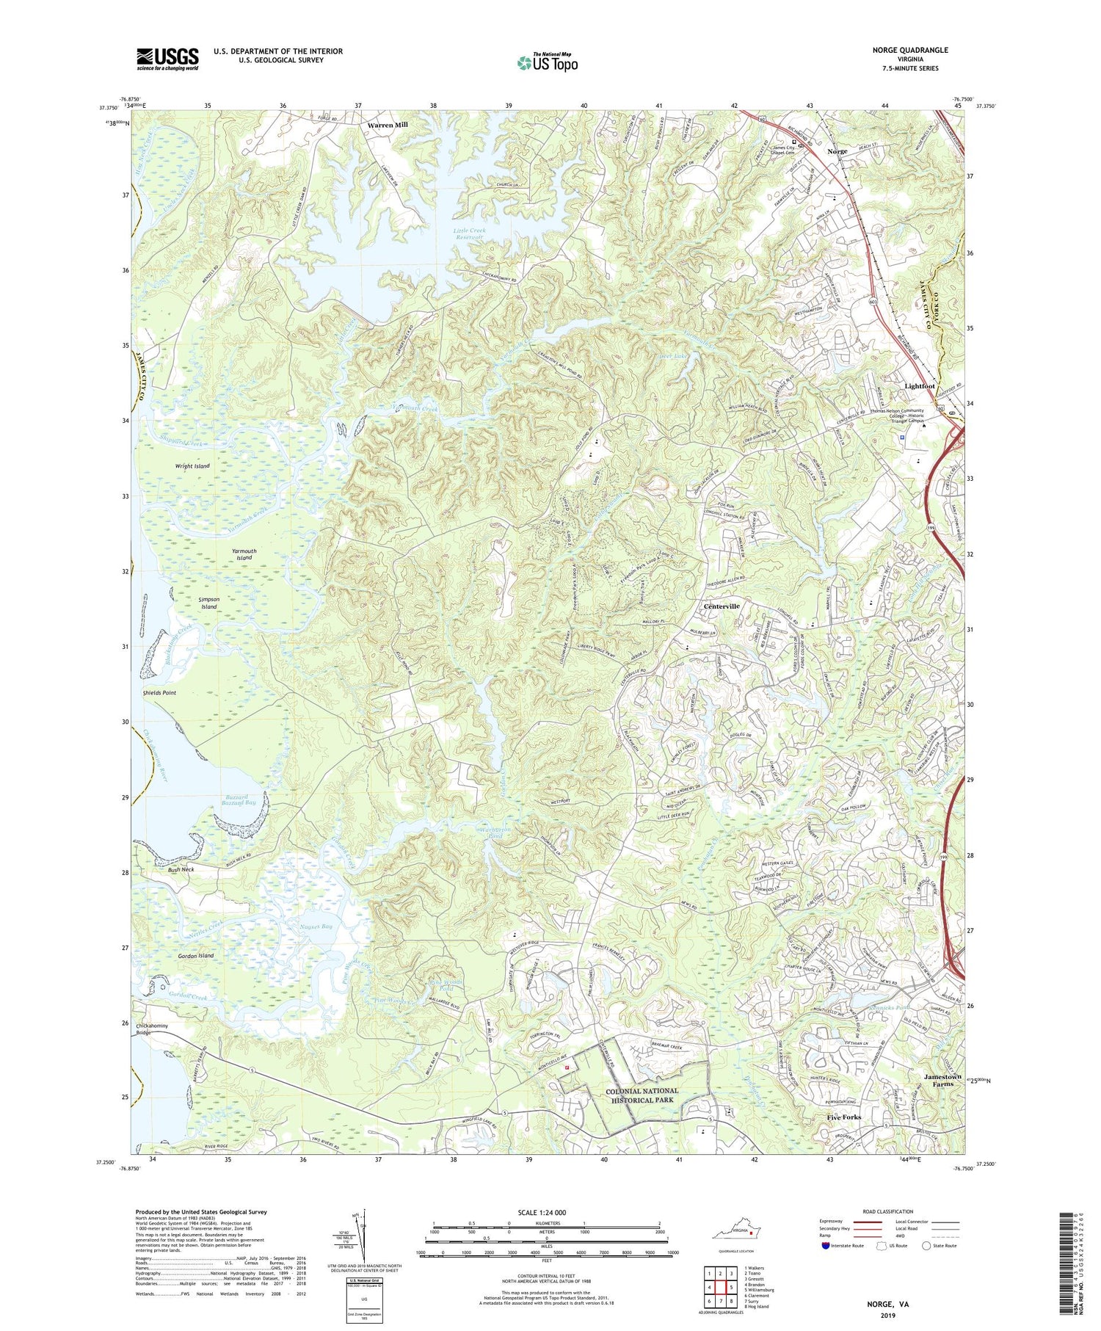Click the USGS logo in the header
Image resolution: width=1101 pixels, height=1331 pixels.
pyautogui.click(x=167, y=59)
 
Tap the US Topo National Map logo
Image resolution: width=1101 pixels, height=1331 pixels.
pyautogui.click(x=547, y=62)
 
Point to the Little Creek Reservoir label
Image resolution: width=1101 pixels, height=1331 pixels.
pyautogui.click(x=469, y=233)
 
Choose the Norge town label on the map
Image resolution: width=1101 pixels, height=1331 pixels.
pyautogui.click(x=837, y=151)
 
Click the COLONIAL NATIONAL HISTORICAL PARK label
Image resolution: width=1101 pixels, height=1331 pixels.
pyautogui.click(x=642, y=1096)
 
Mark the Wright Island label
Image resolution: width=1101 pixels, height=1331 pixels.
pyautogui.click(x=192, y=466)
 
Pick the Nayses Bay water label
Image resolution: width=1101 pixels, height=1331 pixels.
pyautogui.click(x=316, y=927)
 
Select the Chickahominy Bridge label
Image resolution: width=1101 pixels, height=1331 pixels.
pyautogui.click(x=152, y=1029)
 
